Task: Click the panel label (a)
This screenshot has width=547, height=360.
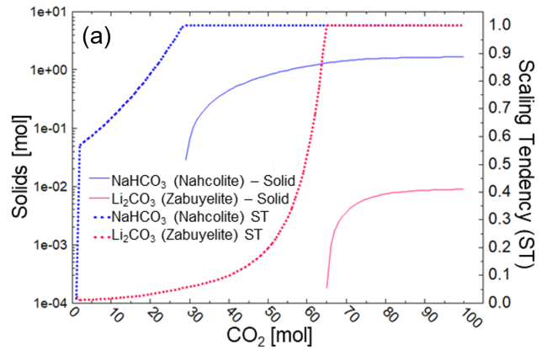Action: [x=98, y=38]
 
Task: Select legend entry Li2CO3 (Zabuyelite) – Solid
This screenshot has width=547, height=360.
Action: [x=189, y=199]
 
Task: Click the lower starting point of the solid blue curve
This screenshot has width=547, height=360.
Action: [x=186, y=158]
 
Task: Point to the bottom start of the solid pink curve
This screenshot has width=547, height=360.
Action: [x=327, y=287]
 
